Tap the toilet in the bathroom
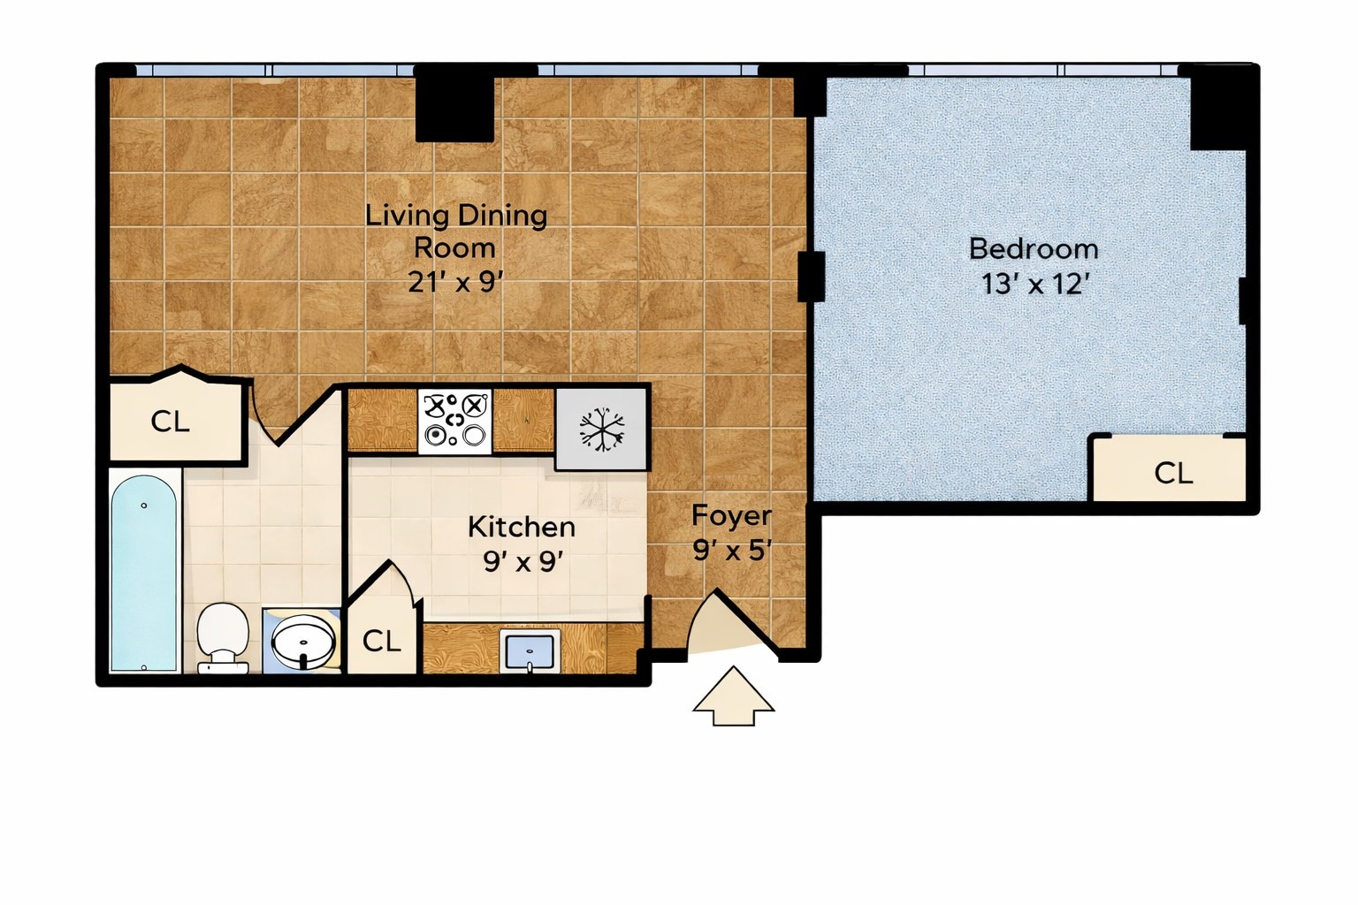click(x=223, y=638)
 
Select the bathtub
click(x=144, y=574)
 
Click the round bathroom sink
click(x=303, y=642)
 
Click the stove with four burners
click(x=454, y=422)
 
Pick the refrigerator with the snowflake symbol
click(x=601, y=430)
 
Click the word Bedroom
click(x=1034, y=249)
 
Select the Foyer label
click(x=732, y=516)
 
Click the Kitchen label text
click(x=522, y=528)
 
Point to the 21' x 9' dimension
click(x=456, y=282)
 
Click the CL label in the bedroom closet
click(x=1174, y=473)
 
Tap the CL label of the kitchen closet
click(x=381, y=641)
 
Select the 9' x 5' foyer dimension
click(x=732, y=551)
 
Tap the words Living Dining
click(x=456, y=217)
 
